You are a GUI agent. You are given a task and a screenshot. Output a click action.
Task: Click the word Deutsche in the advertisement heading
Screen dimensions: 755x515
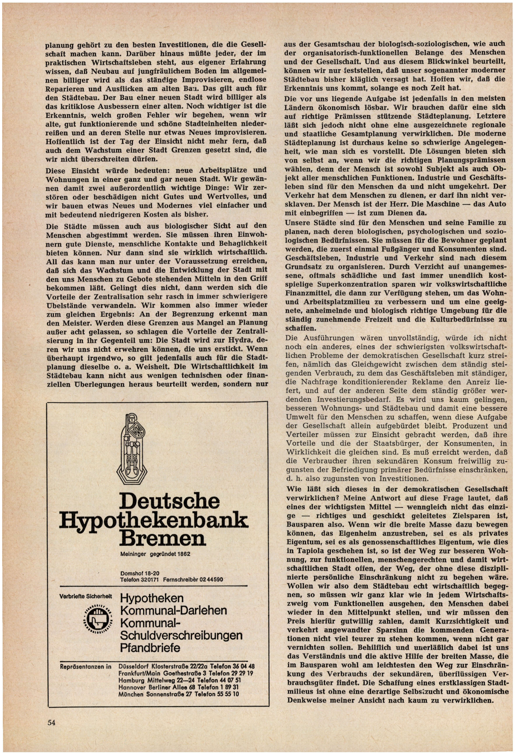click(169, 502)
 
